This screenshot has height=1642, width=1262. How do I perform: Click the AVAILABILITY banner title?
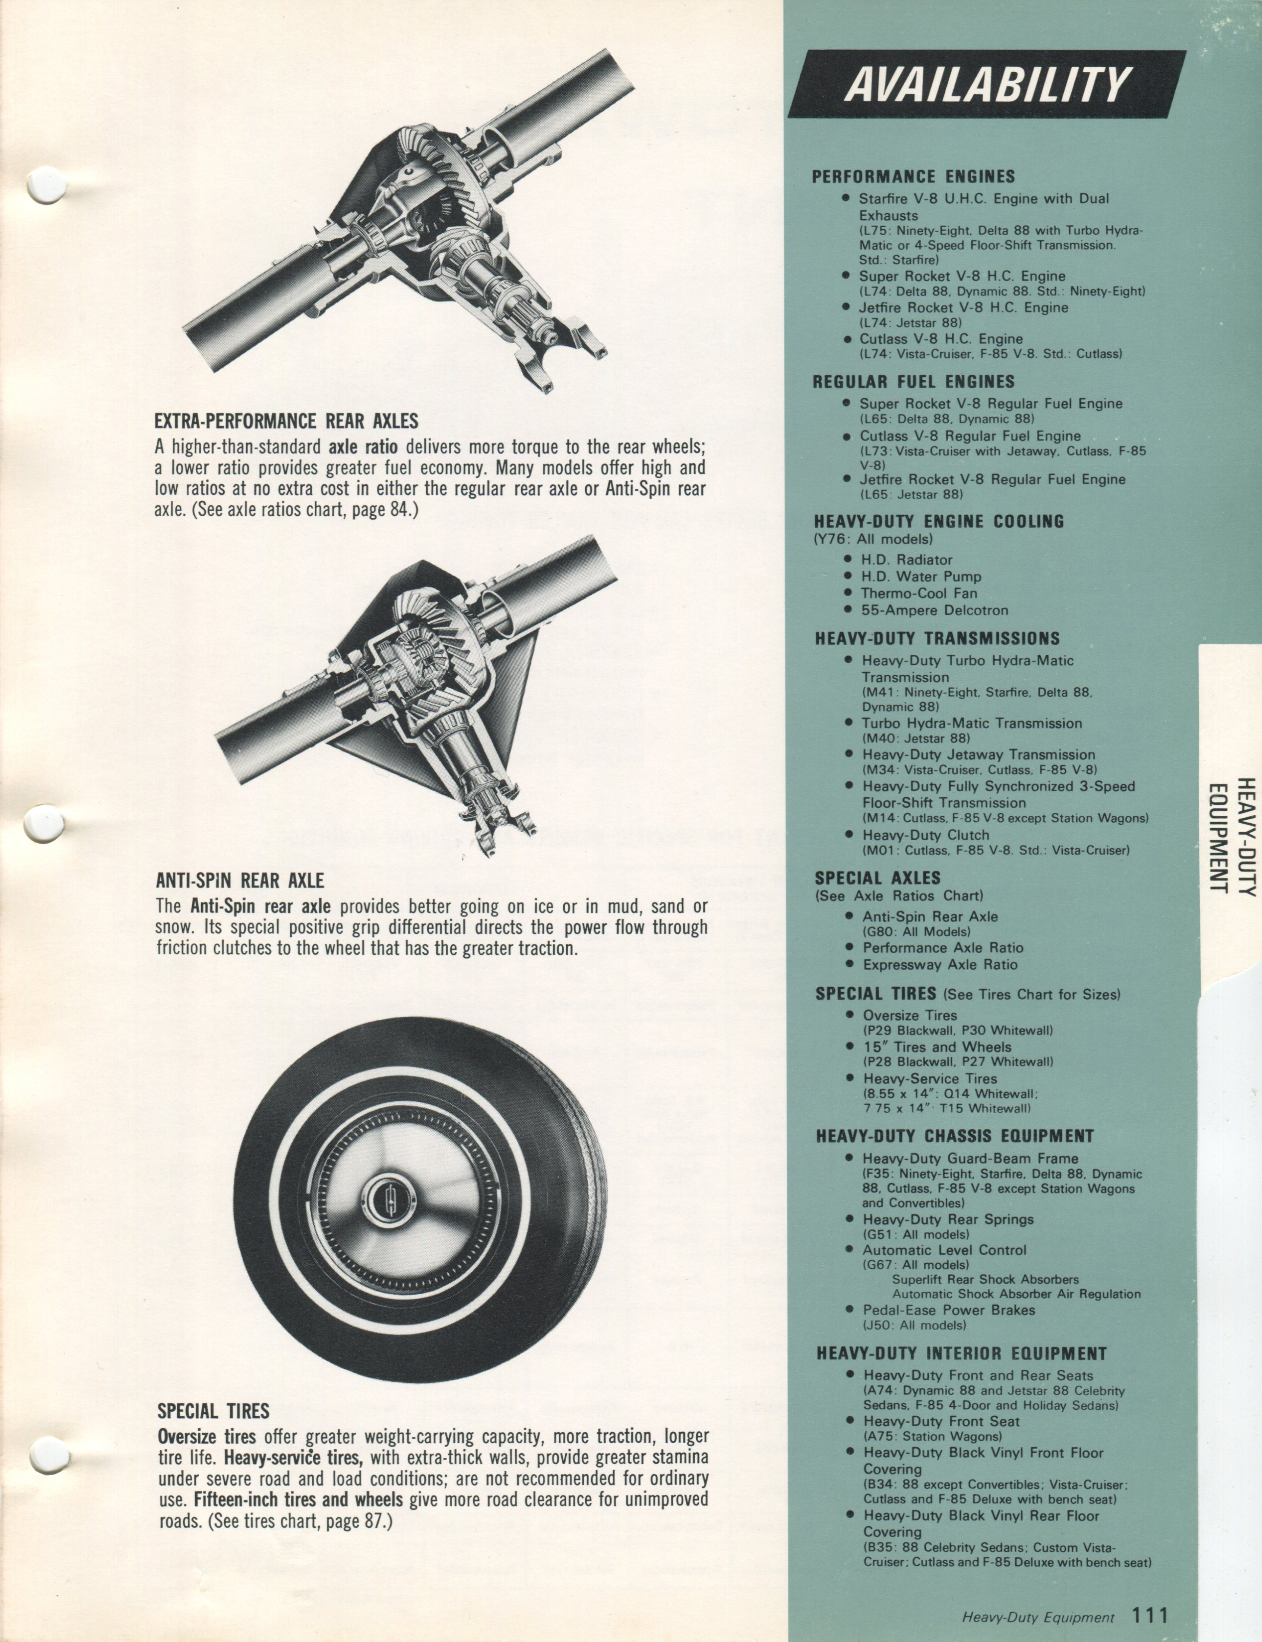click(x=988, y=84)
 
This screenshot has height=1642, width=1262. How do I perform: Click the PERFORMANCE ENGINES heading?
click(x=913, y=176)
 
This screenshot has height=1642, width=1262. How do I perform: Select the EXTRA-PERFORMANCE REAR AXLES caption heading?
click(x=286, y=420)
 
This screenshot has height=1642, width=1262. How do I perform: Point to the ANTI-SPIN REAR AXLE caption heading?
click(x=240, y=880)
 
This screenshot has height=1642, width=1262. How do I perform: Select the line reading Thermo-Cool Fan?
click(x=919, y=593)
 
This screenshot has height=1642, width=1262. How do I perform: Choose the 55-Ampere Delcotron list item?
click(x=934, y=610)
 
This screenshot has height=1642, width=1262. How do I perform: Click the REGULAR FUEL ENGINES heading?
click(x=913, y=382)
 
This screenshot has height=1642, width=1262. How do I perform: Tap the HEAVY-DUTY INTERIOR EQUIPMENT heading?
click(x=962, y=1353)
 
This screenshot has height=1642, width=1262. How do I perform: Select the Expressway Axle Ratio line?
click(x=940, y=964)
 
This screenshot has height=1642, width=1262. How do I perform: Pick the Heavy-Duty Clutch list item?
click(x=925, y=835)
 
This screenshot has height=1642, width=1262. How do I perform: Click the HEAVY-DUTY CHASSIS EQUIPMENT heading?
click(x=955, y=1136)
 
